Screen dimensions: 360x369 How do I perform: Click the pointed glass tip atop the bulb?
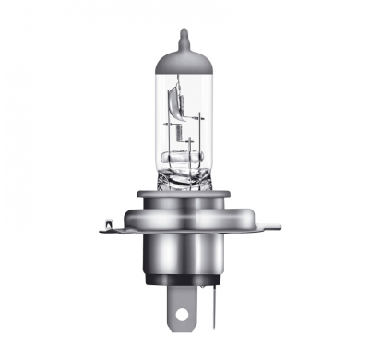pos(184,36)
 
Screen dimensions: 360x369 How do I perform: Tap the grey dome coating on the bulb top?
pos(184,59)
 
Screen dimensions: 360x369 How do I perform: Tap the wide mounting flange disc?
pos(184,219)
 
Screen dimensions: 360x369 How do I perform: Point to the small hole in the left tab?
pos(112,222)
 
